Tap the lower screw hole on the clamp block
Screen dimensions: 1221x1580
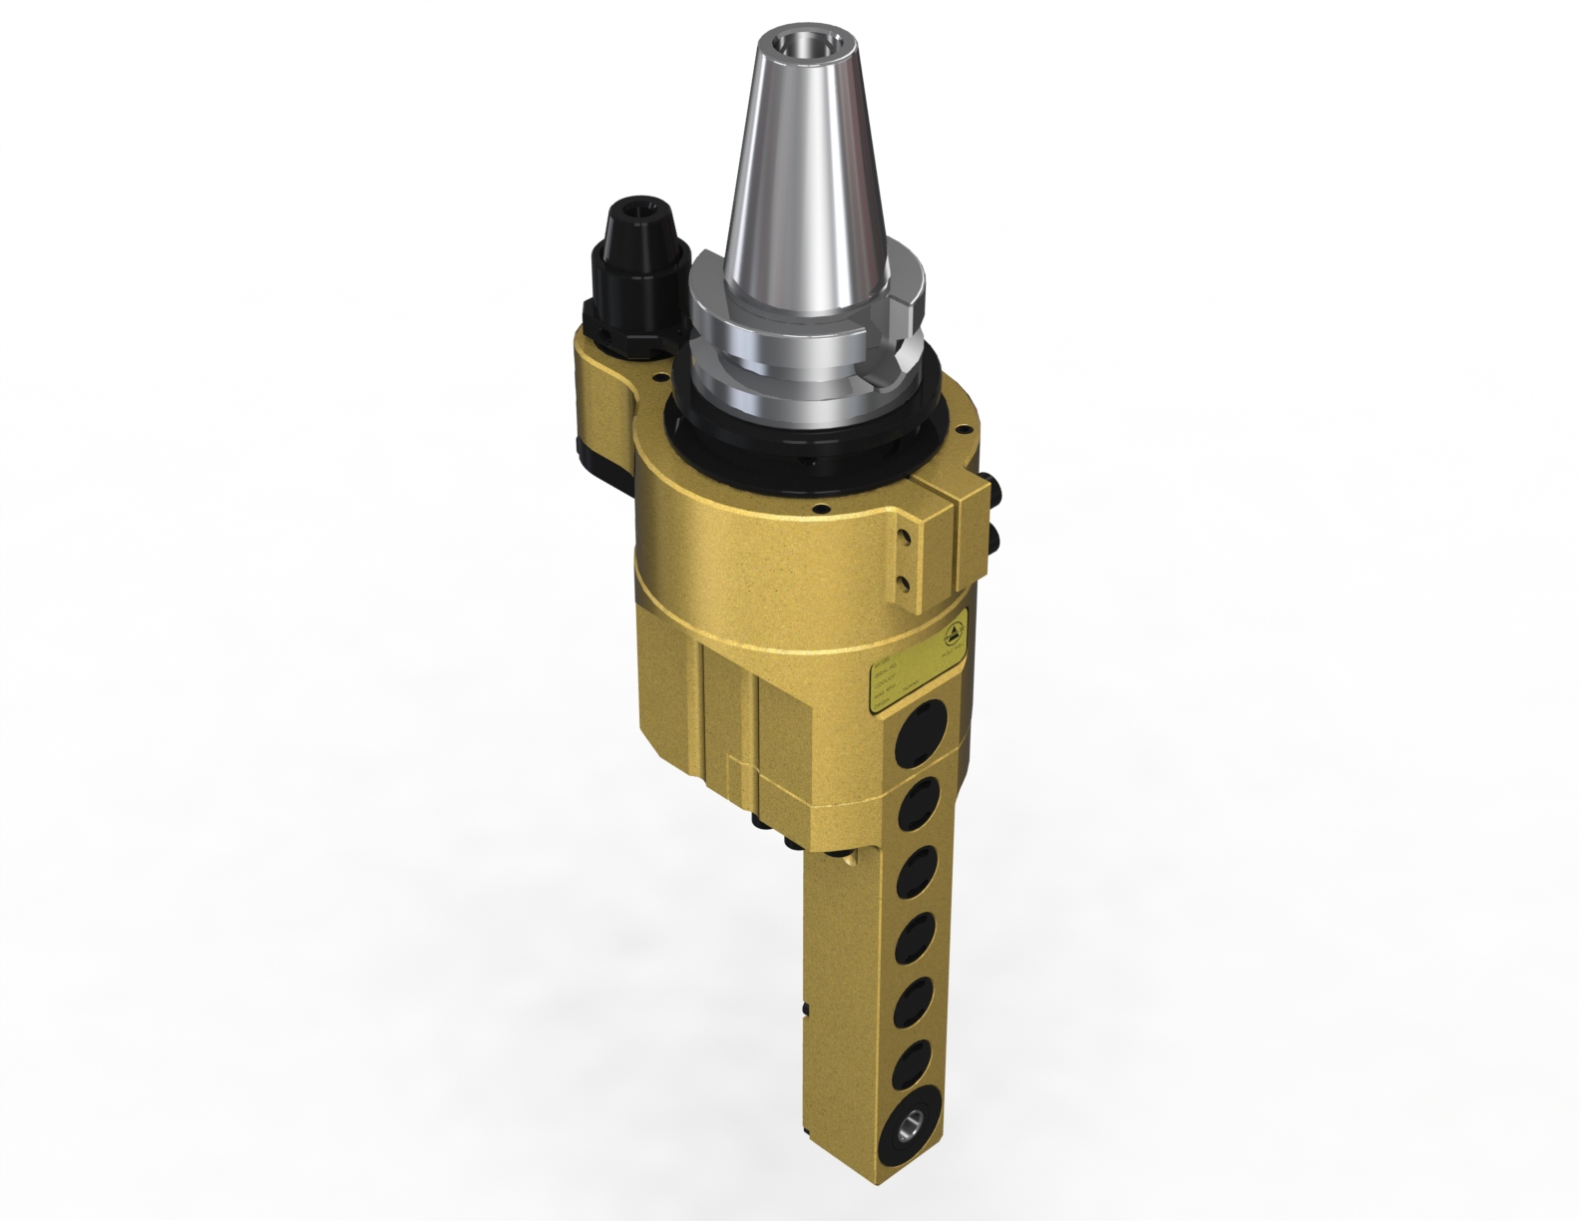point(905,583)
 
